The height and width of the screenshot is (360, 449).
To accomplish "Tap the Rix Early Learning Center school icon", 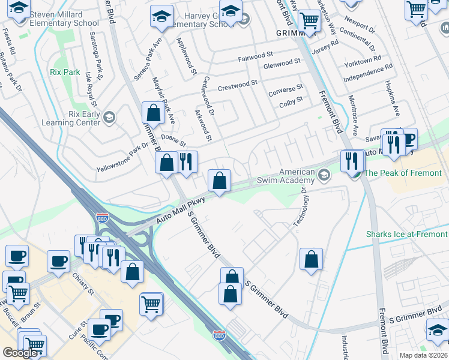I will pyautogui.click(x=109, y=116).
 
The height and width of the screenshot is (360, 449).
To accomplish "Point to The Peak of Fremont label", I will pyautogui.click(x=403, y=173).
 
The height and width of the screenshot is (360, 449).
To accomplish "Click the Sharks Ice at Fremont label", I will pyautogui.click(x=407, y=234).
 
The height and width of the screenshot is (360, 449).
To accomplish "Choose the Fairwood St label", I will pyautogui.click(x=256, y=57).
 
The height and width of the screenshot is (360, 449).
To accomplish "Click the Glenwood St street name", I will pyautogui.click(x=282, y=62).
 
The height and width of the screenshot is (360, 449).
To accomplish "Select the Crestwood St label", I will pyautogui.click(x=237, y=85).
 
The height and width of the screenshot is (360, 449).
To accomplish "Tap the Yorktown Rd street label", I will pyautogui.click(x=363, y=61).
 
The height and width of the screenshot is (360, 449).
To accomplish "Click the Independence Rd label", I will pyautogui.click(x=367, y=74).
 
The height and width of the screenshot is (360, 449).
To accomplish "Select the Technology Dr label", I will pyautogui.click(x=299, y=206).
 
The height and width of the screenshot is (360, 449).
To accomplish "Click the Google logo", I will pyautogui.click(x=20, y=353).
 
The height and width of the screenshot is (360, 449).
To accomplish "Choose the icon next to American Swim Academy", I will pyautogui.click(x=324, y=175).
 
